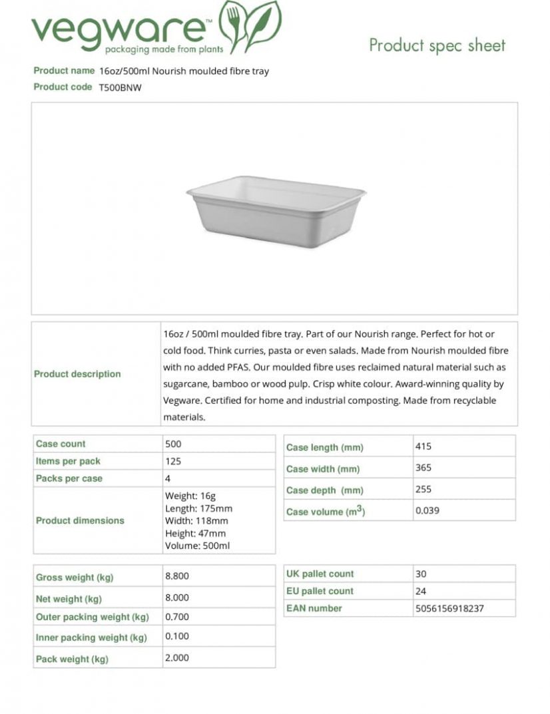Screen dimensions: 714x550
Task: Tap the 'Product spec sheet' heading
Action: click(x=437, y=45)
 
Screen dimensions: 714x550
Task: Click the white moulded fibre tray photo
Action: click(x=276, y=210)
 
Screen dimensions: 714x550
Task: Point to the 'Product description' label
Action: click(x=77, y=374)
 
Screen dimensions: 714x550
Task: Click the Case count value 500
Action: click(x=173, y=444)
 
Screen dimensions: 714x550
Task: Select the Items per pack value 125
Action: click(x=173, y=461)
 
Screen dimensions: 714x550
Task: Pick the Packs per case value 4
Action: click(x=168, y=478)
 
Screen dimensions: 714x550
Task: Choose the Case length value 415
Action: click(x=423, y=446)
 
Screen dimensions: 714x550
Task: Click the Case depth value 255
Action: click(x=423, y=489)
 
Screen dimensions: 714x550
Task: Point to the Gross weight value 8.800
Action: click(x=177, y=576)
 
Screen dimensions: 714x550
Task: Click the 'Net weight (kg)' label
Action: click(x=69, y=599)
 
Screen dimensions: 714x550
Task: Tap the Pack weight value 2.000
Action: click(x=177, y=657)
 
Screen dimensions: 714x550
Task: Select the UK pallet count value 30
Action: click(x=421, y=574)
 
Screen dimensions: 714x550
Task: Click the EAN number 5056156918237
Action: click(x=449, y=608)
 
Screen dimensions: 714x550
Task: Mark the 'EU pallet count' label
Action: click(x=320, y=591)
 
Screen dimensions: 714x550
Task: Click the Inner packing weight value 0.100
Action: click(x=177, y=636)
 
